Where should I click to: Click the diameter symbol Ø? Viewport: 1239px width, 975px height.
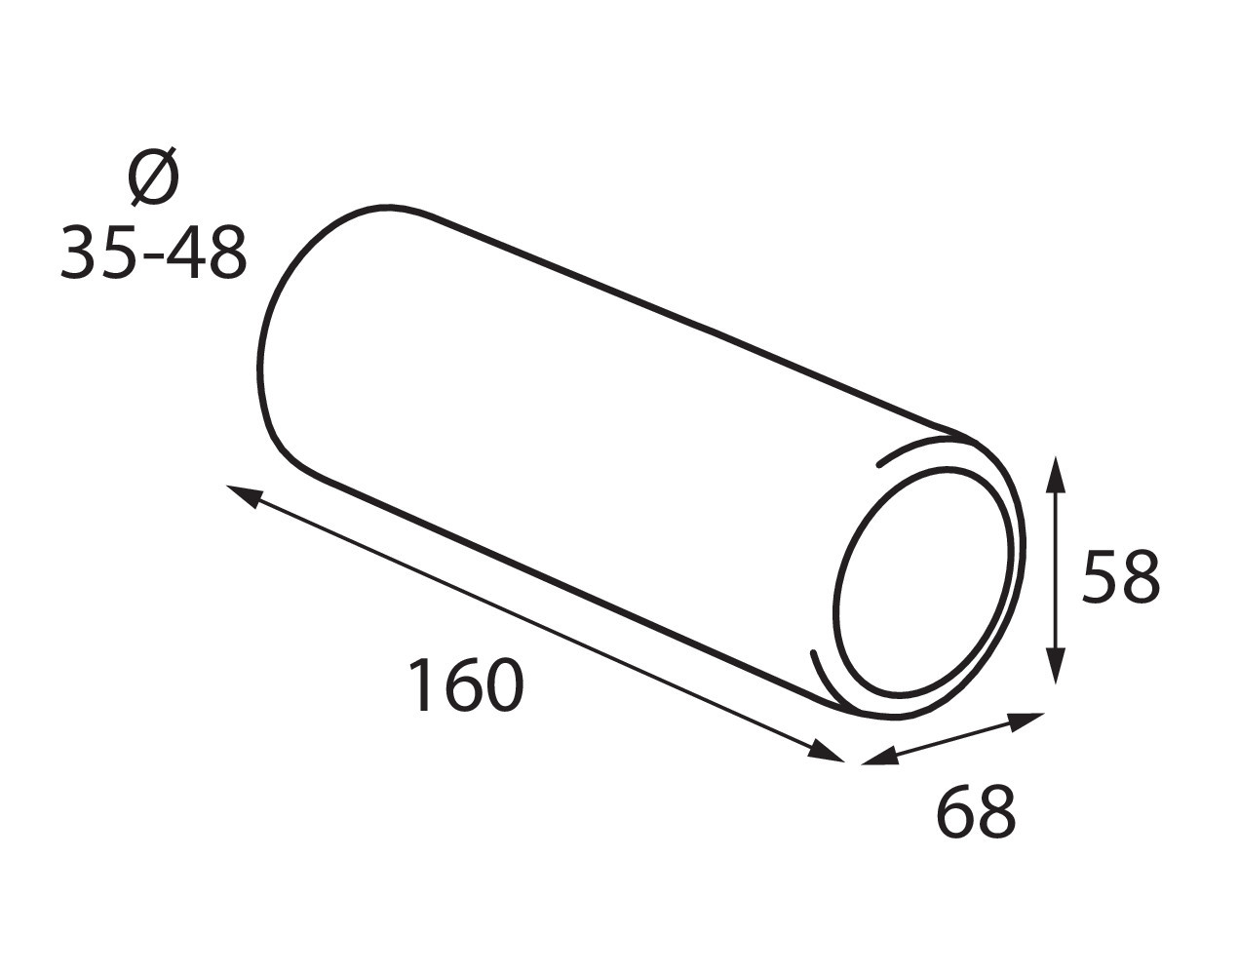pyautogui.click(x=153, y=175)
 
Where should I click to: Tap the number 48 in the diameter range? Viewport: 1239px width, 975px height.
pyautogui.click(x=208, y=253)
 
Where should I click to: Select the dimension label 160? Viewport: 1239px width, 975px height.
pyautogui.click(x=466, y=685)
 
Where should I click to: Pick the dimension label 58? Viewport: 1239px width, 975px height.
pyautogui.click(x=1121, y=576)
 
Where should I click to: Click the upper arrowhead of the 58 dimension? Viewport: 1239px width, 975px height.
pyautogui.click(x=1056, y=476)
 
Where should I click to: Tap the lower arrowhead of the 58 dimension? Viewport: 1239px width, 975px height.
pyautogui.click(x=1056, y=665)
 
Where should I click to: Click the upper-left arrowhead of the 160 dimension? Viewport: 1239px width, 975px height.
pyautogui.click(x=246, y=496)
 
